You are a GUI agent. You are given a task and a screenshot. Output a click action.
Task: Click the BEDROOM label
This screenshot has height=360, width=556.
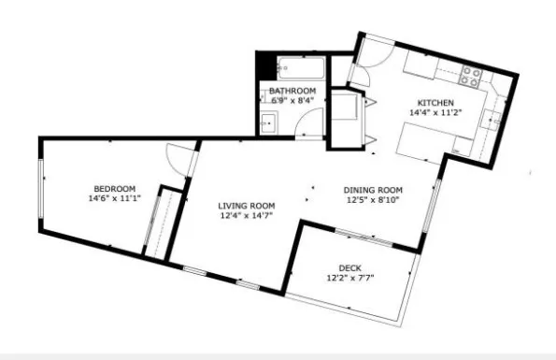(x=113, y=187)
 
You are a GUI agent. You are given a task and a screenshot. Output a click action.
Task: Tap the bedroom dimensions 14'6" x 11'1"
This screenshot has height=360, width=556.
(x=113, y=198)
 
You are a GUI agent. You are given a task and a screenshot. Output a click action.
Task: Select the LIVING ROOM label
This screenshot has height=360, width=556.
(x=246, y=206)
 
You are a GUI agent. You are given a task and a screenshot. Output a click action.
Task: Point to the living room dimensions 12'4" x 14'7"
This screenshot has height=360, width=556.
(x=246, y=217)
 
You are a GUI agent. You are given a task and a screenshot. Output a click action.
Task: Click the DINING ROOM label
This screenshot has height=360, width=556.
(x=373, y=187)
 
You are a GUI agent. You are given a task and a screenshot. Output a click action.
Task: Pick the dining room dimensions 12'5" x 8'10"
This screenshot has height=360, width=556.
(x=373, y=198)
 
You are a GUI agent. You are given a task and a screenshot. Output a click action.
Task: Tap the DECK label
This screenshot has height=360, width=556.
(x=349, y=266)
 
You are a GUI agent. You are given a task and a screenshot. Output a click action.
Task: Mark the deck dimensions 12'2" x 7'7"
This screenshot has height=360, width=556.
(x=349, y=278)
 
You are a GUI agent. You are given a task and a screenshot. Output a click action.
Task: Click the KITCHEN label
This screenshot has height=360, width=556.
(x=435, y=103)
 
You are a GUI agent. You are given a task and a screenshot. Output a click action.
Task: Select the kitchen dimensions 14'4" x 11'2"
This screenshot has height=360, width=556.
(x=435, y=113)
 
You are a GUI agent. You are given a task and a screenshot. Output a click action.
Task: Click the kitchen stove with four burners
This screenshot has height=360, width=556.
(x=473, y=76)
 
